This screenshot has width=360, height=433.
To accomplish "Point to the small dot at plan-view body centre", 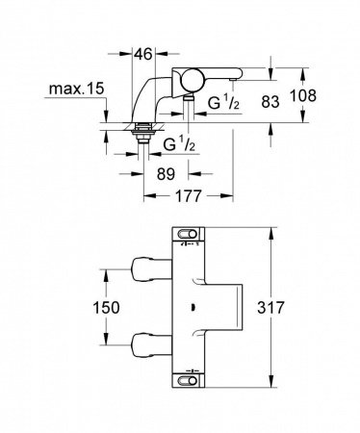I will point(196,311).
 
